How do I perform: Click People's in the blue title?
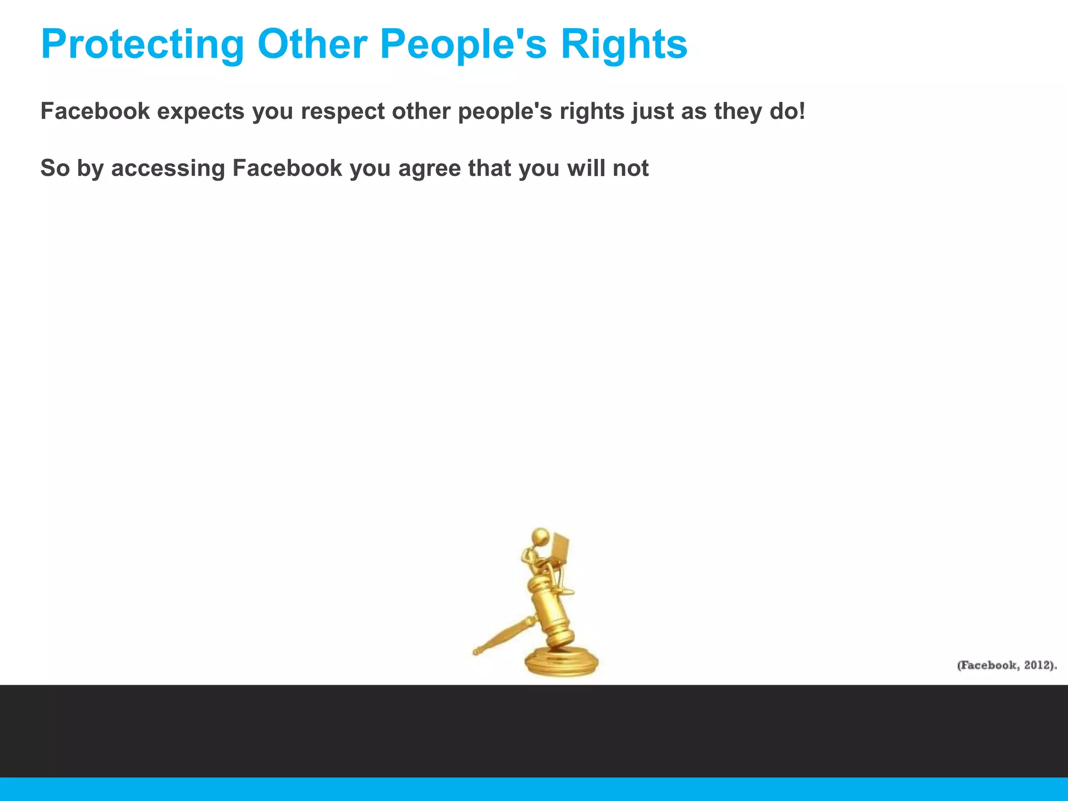pyautogui.click(x=463, y=45)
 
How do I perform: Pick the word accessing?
pyautogui.click(x=168, y=169)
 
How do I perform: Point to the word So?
pyautogui.click(x=55, y=168)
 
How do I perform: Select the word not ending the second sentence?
pyautogui.click(x=630, y=168)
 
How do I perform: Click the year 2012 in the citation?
pyautogui.click(x=1038, y=665)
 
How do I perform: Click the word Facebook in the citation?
pyautogui.click(x=988, y=665)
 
